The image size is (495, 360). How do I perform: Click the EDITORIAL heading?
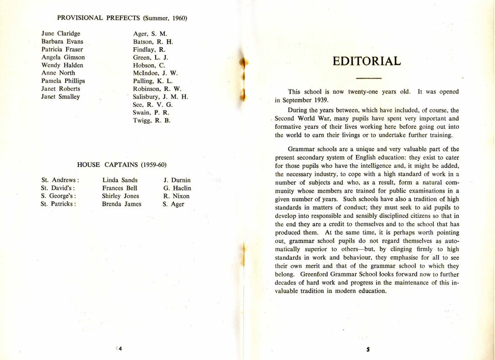[367, 61]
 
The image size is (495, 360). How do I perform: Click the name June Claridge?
[61, 33]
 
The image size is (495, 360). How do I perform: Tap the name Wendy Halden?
[62, 65]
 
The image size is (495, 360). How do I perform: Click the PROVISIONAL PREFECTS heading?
[122, 18]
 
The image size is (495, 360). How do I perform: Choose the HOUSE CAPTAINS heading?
[122, 165]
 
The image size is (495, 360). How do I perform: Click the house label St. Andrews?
[60, 180]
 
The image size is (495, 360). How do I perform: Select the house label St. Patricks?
[58, 204]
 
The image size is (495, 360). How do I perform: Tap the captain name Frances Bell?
[120, 188]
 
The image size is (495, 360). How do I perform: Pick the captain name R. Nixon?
[176, 196]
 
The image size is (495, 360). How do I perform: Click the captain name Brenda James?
[121, 204]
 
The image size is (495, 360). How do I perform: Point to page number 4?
[121, 348]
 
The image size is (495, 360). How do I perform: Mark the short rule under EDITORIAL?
[367, 78]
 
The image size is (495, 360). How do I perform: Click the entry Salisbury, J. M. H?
[160, 96]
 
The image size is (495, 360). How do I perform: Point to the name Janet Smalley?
[60, 96]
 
